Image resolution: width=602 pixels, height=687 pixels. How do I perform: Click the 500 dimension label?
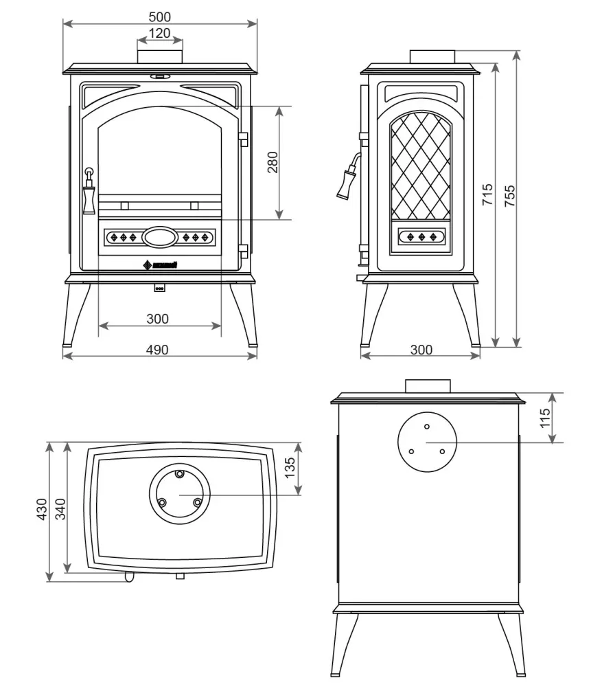click(159, 16)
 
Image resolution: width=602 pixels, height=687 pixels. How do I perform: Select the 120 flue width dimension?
click(159, 33)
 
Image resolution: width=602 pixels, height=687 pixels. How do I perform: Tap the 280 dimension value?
click(273, 163)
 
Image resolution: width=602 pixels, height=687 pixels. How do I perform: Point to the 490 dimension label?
click(157, 350)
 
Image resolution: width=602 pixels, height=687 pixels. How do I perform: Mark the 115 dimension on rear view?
click(546, 418)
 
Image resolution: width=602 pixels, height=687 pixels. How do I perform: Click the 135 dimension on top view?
click(290, 468)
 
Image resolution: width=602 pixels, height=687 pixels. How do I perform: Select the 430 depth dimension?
click(42, 510)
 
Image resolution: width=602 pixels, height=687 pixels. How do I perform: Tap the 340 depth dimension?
click(60, 510)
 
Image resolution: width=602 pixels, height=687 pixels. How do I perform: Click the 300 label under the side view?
click(421, 350)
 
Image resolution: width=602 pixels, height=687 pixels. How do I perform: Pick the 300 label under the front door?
click(157, 319)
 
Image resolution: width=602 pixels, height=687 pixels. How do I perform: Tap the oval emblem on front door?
click(159, 238)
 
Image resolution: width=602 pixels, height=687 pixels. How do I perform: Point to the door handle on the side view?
click(347, 179)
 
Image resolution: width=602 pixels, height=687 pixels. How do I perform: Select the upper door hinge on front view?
click(242, 139)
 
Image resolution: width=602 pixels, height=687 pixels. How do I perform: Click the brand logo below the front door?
click(160, 266)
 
